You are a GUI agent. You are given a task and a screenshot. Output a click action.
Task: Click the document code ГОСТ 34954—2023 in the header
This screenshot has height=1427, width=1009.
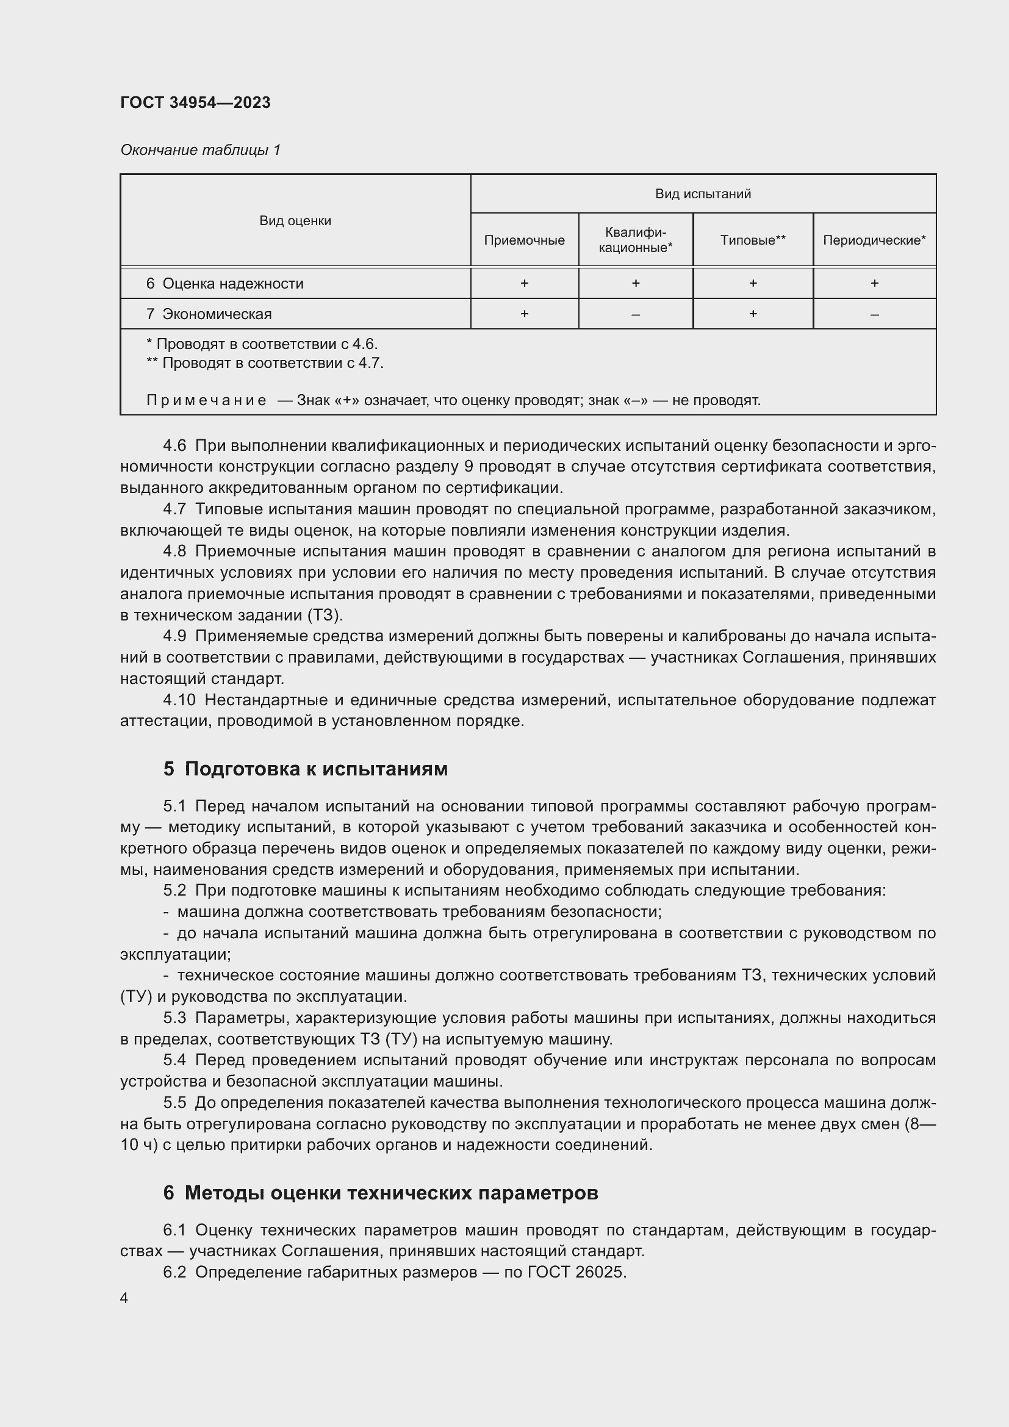195,102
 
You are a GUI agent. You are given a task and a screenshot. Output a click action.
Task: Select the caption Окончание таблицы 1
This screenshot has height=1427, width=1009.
200,150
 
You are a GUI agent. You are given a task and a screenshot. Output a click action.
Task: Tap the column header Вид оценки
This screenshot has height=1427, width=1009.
295,221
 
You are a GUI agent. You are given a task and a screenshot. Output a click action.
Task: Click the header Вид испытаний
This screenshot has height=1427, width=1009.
703,194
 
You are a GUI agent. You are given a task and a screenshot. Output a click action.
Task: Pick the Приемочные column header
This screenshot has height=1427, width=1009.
524,240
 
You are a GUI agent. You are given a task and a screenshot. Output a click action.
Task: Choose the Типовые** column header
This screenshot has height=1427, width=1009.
752,240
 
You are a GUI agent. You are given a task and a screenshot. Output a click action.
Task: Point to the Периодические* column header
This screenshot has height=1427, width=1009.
874,240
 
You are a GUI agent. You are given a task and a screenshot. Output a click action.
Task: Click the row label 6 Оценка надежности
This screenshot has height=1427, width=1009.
225,284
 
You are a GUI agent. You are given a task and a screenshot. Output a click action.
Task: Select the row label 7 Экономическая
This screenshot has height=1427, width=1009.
209,314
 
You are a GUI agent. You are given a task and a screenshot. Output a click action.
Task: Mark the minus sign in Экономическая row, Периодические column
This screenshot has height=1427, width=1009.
874,314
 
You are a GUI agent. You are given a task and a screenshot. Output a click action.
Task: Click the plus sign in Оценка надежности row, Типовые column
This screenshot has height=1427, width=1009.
752,284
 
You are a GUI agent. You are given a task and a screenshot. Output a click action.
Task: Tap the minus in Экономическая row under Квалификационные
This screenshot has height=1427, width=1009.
635,314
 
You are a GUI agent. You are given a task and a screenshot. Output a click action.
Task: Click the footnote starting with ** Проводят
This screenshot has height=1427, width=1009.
265,363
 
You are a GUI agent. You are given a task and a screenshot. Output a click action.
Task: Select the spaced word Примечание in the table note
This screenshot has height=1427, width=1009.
206,400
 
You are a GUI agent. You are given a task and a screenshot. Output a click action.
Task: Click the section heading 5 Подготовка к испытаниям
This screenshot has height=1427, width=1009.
305,769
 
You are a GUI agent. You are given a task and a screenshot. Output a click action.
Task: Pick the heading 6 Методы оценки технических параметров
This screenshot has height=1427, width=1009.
380,1193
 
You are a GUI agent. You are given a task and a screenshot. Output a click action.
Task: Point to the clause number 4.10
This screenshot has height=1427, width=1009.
179,700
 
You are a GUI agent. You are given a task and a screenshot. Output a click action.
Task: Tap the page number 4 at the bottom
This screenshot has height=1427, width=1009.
124,1298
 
